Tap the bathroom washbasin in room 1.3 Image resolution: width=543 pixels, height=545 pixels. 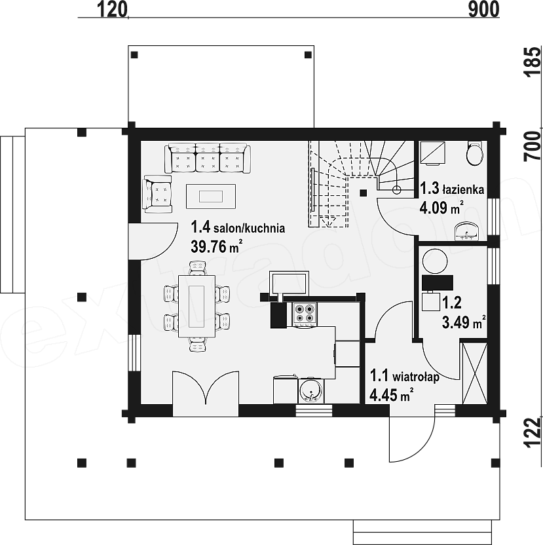[466, 231]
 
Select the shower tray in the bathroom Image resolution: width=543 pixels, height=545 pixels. [432, 152]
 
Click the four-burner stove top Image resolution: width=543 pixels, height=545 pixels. [305, 314]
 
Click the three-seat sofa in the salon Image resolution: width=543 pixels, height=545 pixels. [208, 158]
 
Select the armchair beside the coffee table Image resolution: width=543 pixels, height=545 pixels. [157, 194]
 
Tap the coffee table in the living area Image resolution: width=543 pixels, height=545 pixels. [211, 197]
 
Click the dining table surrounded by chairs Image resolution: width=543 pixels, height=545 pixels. [197, 306]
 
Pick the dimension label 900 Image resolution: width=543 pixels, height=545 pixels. [483, 9]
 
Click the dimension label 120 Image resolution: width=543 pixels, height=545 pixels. [111, 9]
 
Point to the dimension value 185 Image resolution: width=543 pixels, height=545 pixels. [533, 62]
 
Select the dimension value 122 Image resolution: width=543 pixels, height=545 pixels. [533, 432]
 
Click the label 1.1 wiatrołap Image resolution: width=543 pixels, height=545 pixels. [404, 376]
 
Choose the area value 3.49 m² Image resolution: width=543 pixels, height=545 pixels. [464, 322]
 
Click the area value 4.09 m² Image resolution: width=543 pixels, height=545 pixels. [441, 208]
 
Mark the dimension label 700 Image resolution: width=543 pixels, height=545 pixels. [533, 146]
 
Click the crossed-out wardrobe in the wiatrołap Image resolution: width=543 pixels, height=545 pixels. [474, 373]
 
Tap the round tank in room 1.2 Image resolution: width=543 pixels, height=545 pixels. [435, 261]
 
